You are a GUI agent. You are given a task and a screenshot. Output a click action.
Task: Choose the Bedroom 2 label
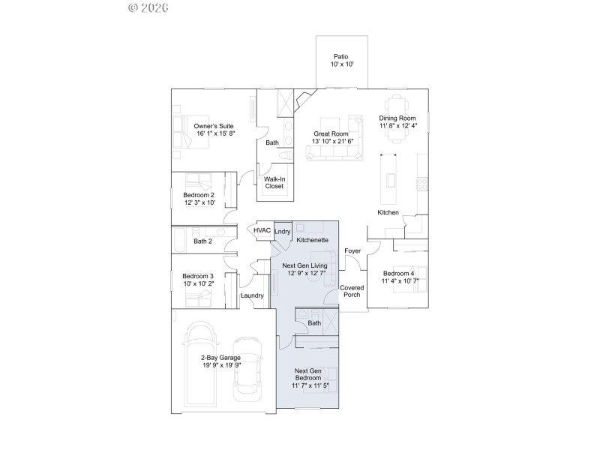(199, 194)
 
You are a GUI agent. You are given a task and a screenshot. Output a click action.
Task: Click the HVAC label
(262, 231)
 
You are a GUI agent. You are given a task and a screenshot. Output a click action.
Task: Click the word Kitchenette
(312, 240)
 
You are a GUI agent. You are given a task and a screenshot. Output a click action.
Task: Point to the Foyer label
(352, 250)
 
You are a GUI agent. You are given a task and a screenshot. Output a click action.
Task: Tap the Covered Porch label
(352, 291)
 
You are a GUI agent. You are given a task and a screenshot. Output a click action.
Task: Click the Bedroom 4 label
(397, 273)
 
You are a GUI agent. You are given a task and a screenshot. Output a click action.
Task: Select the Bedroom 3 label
(199, 276)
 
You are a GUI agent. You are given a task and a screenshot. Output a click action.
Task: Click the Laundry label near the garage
(252, 295)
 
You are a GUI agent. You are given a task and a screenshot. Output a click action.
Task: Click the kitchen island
(388, 178)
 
